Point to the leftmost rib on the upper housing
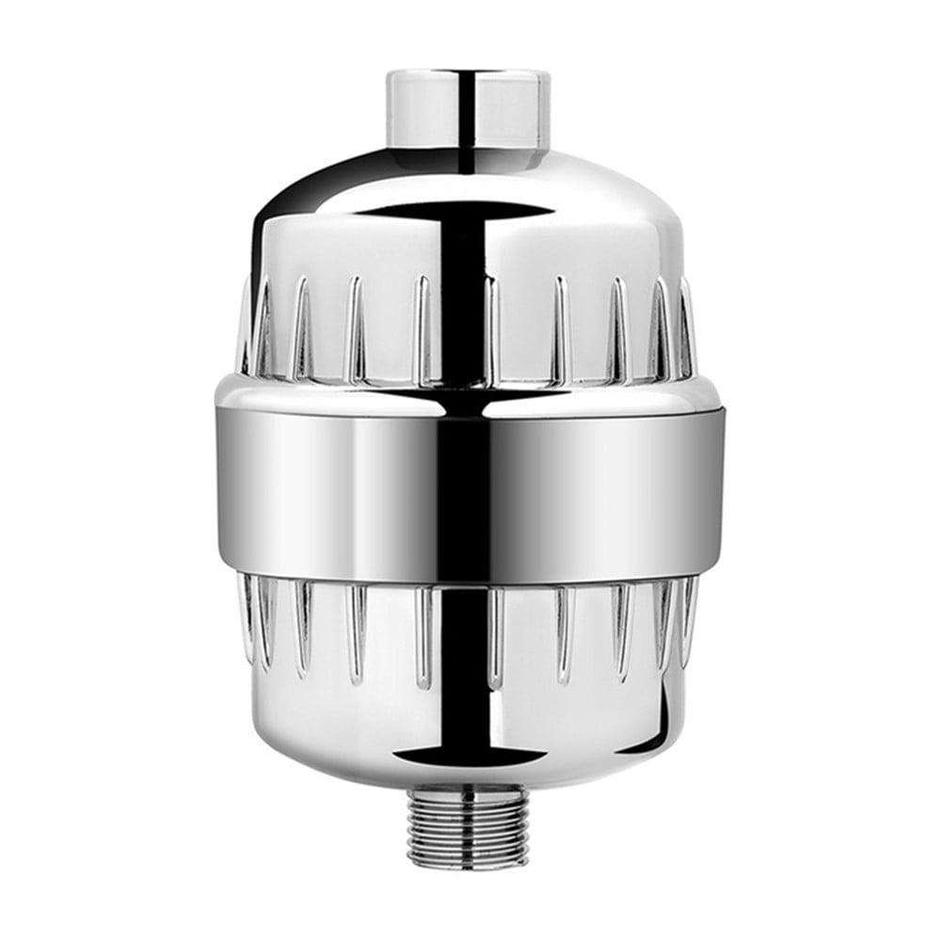coord(247,325)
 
